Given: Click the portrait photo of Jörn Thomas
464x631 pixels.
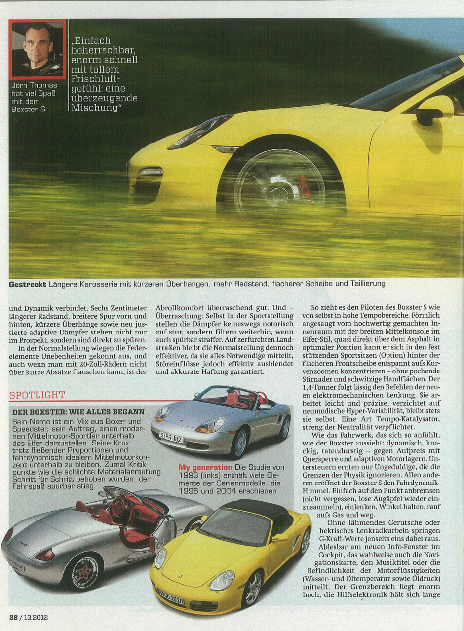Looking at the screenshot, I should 38,49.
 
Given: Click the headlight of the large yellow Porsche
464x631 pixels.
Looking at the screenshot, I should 200,131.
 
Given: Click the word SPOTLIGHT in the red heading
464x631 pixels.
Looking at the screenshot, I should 38,395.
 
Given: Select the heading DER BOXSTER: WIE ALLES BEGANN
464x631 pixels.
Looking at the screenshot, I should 78,411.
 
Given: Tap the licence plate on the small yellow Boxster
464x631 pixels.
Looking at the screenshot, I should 170,595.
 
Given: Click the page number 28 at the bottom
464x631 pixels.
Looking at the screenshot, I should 13,617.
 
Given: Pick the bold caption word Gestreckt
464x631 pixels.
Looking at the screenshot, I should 27,284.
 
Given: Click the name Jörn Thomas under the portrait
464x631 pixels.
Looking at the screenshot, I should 37,85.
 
